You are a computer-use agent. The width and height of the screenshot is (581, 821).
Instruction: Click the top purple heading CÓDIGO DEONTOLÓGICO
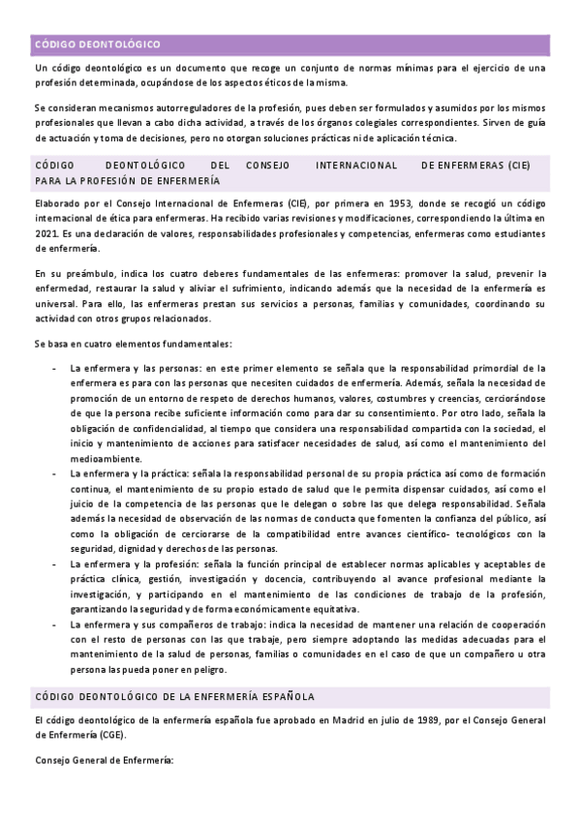tap(97, 45)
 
